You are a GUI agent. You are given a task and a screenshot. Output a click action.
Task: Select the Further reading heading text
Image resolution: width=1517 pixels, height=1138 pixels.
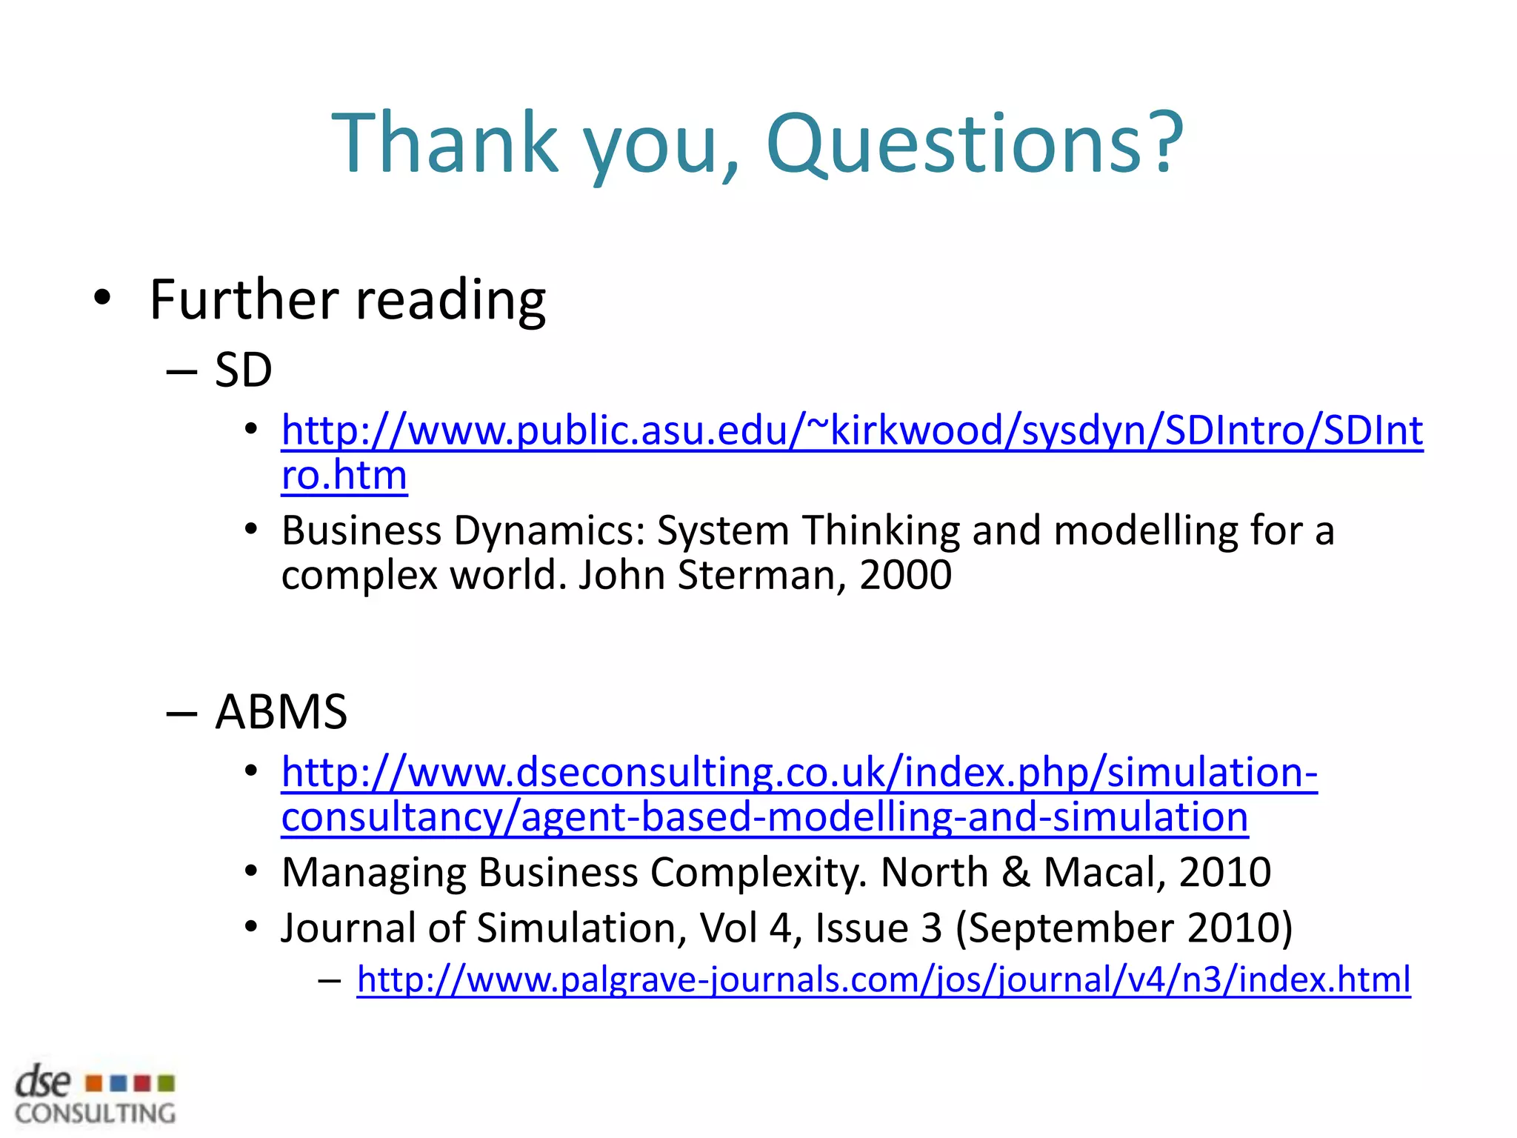347,300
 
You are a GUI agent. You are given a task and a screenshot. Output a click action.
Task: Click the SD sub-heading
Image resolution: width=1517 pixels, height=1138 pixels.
243,370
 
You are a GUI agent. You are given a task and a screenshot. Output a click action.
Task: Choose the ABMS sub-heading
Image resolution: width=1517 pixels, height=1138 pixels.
281,712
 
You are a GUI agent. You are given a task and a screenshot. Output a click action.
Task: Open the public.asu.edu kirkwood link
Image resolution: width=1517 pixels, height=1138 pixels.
852,431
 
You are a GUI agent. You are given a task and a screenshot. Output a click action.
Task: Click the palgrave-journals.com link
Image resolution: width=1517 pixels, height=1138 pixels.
884,979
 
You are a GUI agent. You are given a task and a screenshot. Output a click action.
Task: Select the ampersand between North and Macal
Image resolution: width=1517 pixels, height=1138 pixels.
1015,873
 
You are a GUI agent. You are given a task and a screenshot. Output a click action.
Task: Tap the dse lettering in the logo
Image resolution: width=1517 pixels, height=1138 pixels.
43,1082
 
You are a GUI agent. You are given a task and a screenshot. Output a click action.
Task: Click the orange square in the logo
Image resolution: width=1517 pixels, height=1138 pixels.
94,1084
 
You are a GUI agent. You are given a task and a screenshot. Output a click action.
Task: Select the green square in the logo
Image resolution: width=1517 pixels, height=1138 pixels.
167,1084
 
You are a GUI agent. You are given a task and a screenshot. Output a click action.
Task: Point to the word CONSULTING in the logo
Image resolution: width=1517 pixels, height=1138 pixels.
96,1114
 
